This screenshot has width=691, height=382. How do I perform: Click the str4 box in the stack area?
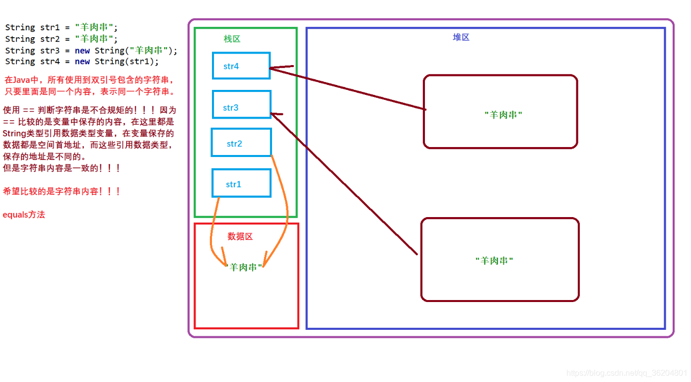tap(241, 66)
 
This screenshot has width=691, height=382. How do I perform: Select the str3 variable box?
tap(241, 104)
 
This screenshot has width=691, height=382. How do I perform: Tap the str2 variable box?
tap(241, 143)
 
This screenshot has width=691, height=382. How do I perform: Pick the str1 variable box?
tap(241, 183)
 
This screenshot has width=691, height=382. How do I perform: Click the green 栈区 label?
tap(232, 39)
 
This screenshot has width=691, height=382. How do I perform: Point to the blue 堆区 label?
tap(461, 37)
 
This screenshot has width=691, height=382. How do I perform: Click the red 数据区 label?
tap(240, 236)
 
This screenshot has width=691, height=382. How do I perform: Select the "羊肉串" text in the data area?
tap(243, 267)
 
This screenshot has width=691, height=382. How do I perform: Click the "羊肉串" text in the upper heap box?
tap(503, 115)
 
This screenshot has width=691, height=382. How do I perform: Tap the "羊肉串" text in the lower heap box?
tap(494, 261)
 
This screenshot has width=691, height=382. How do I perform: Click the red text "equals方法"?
tap(24, 215)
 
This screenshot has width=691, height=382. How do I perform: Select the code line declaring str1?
tap(62, 27)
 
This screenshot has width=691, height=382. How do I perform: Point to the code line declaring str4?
tap(82, 62)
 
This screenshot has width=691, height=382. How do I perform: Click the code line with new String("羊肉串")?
tap(91, 50)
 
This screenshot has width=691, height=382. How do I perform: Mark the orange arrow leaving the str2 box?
tap(284, 199)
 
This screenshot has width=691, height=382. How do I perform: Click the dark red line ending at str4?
tap(347, 88)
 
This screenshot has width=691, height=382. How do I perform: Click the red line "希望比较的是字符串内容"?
tap(62, 191)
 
